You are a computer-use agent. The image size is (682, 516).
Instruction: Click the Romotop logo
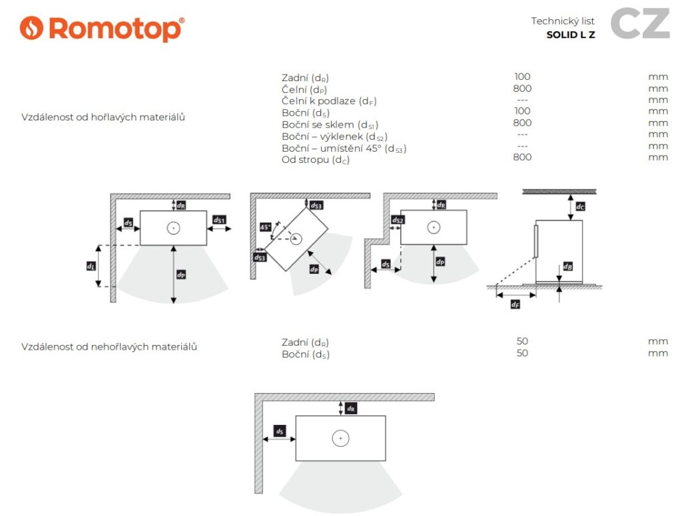coord(102,29)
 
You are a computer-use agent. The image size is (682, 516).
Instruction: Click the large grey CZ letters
coord(640,23)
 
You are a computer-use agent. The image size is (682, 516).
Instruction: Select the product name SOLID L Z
coord(571,35)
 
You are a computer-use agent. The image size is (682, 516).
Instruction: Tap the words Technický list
coord(562,21)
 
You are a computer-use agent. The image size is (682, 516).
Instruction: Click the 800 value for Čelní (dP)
coord(522,88)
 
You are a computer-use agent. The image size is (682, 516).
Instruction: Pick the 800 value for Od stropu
coord(522,157)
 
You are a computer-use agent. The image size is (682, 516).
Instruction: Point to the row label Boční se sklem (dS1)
coord(330,124)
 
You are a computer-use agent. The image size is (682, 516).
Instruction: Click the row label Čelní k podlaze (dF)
coord(329,101)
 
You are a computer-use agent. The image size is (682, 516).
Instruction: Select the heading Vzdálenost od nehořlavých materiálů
coord(109,346)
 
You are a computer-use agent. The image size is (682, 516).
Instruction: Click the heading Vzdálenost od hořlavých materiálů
coord(103,117)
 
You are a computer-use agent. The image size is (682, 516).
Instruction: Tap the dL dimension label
coord(91,266)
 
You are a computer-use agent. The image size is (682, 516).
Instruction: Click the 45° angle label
coord(265,227)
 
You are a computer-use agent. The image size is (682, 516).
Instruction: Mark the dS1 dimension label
coord(219,220)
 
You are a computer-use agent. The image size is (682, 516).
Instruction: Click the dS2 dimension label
coord(398,220)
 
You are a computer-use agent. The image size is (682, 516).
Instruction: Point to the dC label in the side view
coord(580,206)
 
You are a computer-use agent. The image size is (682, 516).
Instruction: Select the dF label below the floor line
coord(515,305)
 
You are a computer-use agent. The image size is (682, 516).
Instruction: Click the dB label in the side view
coord(567,266)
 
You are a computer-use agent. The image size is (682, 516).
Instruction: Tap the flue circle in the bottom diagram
coord(340,438)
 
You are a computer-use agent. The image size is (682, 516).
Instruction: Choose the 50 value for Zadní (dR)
coord(522,341)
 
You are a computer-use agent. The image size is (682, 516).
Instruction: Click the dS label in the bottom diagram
coord(280,432)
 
